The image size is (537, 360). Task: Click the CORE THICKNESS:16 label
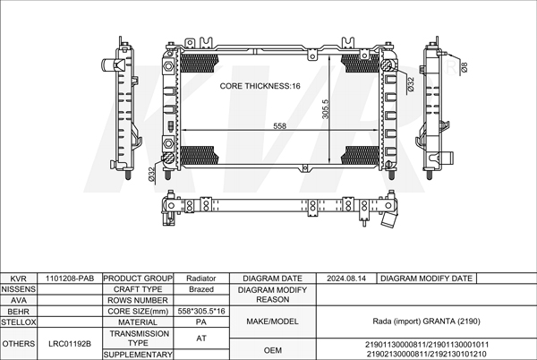click(x=260, y=86)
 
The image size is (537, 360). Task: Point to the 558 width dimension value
click(x=280, y=126)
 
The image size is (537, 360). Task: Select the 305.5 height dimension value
click(x=325, y=109)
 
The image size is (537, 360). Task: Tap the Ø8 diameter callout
click(x=464, y=67)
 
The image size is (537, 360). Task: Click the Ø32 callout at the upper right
click(x=411, y=84)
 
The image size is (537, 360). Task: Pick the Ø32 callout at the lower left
click(x=152, y=174)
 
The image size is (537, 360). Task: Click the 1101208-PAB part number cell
click(x=70, y=279)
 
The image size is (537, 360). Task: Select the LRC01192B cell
click(x=70, y=344)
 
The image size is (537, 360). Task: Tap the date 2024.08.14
click(x=345, y=279)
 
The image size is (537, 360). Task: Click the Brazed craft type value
click(x=201, y=289)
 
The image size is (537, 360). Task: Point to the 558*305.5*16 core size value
click(x=201, y=312)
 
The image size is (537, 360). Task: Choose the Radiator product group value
click(x=201, y=279)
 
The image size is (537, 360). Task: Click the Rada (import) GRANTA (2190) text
click(x=426, y=321)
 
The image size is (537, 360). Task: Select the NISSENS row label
click(x=19, y=289)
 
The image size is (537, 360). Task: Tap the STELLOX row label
click(x=19, y=322)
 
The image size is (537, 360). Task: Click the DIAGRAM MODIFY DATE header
click(x=426, y=279)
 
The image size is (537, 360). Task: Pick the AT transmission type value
click(x=201, y=339)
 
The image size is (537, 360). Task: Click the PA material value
click(x=201, y=322)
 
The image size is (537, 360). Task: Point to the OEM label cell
click(x=273, y=350)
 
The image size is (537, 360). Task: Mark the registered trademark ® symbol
click(x=450, y=67)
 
